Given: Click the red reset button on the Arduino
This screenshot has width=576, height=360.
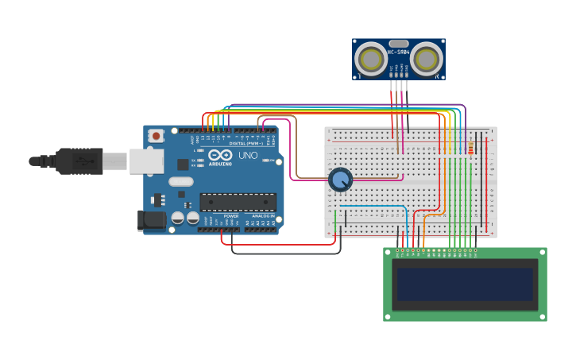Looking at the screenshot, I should click(157, 136).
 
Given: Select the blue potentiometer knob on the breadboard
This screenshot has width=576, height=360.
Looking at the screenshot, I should click(340, 180).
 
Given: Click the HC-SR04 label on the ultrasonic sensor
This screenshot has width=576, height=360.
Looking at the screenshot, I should click(398, 52).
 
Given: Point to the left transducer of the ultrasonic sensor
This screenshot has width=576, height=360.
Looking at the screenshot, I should click(369, 58).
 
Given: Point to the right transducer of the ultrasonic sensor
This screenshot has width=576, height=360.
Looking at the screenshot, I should click(427, 58).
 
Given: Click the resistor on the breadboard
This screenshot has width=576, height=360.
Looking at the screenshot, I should click(470, 148).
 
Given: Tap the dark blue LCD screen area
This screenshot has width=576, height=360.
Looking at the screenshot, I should click(465, 285).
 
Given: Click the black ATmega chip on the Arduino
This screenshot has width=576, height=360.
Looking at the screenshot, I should click(238, 202).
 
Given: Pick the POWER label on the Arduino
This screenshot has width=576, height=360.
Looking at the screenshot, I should click(231, 215).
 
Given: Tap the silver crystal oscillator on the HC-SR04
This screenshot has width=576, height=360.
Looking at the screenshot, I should click(398, 44).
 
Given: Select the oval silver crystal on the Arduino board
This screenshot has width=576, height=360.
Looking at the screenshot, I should click(180, 181).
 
